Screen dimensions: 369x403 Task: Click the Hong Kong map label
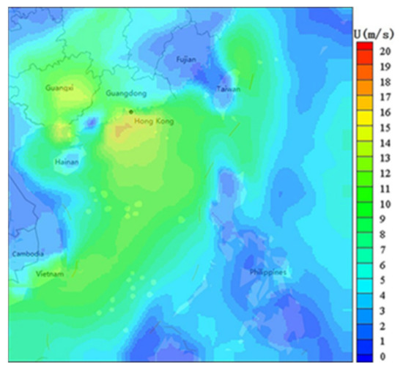click(154, 121)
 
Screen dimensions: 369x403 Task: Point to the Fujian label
click(187, 60)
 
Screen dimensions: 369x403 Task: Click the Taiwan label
click(228, 89)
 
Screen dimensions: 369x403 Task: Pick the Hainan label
click(67, 162)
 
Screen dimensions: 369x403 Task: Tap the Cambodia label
click(27, 254)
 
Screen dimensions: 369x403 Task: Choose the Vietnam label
click(50, 274)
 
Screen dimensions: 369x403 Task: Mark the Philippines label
click(267, 272)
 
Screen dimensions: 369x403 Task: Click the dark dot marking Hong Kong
click(131, 111)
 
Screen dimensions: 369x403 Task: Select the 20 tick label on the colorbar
click(385, 51)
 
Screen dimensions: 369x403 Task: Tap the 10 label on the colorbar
click(385, 204)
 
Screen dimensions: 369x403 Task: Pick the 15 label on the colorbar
click(385, 127)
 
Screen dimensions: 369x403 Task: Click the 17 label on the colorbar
click(385, 97)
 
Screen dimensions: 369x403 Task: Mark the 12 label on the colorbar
click(385, 173)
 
